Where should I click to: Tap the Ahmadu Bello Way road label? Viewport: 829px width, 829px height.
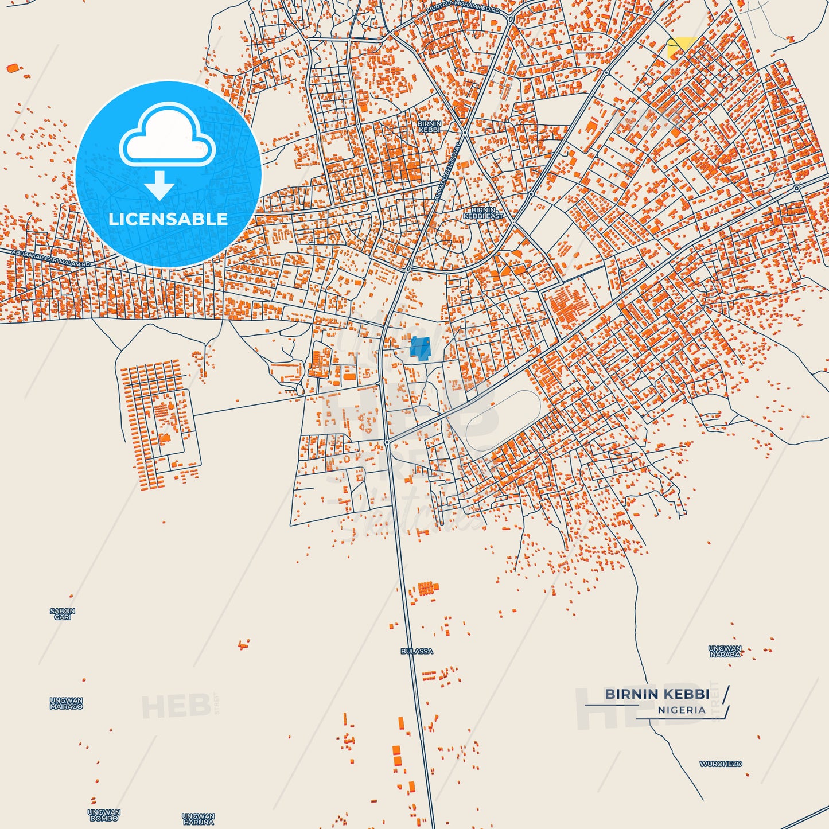point(447,172)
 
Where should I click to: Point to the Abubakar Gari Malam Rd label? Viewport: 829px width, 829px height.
point(51,258)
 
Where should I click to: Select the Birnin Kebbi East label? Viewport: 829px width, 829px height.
point(483,213)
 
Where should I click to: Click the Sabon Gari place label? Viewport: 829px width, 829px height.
point(62,614)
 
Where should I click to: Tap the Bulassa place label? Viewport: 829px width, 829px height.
point(417,651)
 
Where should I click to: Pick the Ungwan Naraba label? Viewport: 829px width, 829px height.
point(725,651)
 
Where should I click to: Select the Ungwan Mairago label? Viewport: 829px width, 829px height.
point(66,703)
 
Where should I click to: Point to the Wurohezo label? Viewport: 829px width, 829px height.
point(721,764)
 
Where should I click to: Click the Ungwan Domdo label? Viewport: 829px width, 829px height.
point(104,815)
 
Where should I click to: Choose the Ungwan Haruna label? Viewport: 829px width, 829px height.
point(198,819)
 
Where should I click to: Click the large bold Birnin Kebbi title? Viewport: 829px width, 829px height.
point(657,694)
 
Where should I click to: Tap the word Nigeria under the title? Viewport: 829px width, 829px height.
point(682,710)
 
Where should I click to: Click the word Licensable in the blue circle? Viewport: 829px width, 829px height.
point(168,219)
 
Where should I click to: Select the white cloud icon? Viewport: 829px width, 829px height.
point(167,137)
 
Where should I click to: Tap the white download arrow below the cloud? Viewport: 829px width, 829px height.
point(159,185)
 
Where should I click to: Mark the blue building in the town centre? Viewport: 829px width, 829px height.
point(420,348)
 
